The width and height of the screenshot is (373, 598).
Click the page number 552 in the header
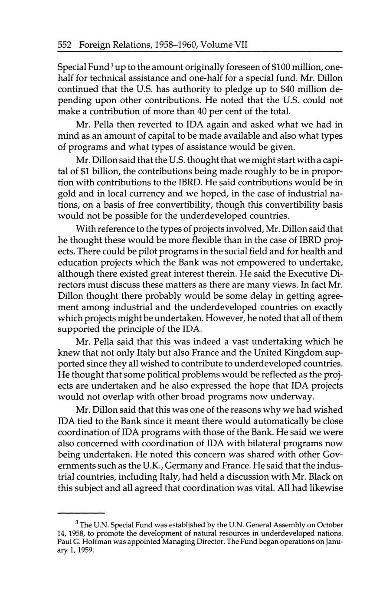pos(65,45)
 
